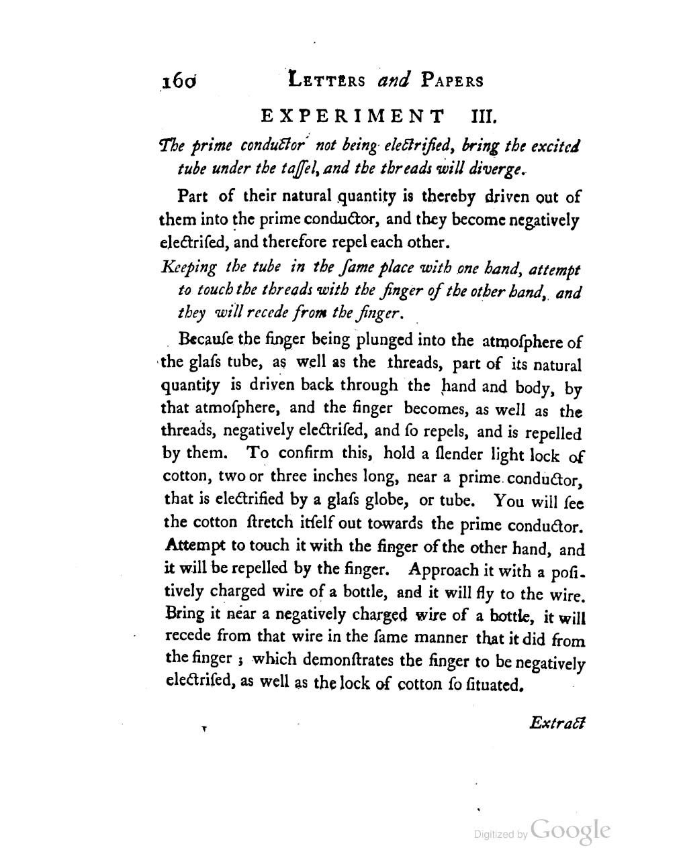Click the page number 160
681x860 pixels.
(x=177, y=81)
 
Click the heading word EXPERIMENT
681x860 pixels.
(x=352, y=117)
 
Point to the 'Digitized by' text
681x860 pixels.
(x=500, y=835)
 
